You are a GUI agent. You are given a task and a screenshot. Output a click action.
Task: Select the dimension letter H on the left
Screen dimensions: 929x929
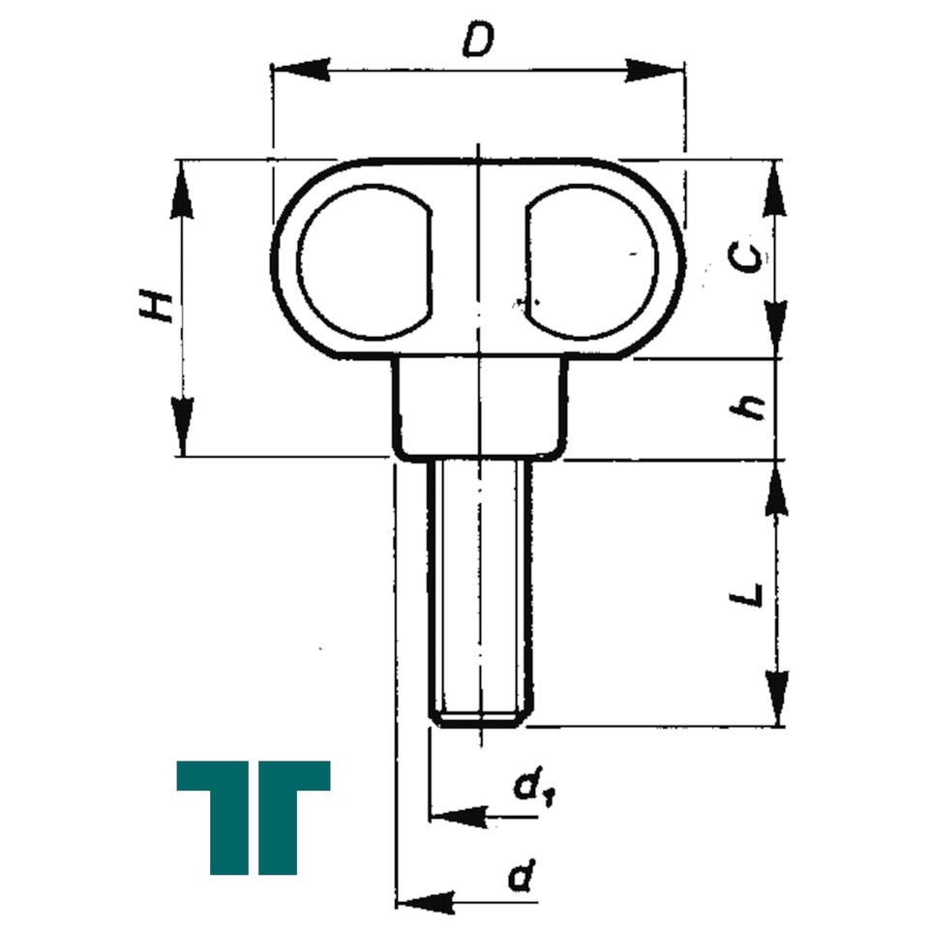pos(157,307)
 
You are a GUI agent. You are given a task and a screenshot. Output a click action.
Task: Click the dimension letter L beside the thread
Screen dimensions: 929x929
pos(745,594)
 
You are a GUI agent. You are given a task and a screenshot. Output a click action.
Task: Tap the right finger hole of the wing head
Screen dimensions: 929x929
pos(591,262)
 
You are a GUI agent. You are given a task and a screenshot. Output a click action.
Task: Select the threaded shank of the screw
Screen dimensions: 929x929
pos(479,592)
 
